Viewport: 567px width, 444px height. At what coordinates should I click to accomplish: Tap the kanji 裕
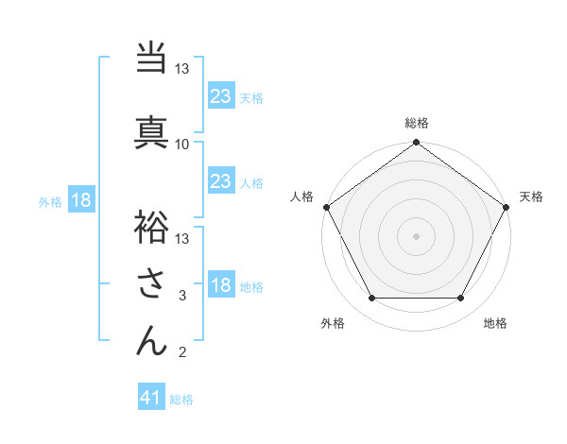pos(151,226)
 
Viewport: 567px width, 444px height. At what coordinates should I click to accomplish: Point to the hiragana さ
pos(151,283)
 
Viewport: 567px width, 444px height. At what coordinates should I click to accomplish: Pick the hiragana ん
pos(151,339)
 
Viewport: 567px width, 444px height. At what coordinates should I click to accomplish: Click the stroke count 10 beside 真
pos(182,144)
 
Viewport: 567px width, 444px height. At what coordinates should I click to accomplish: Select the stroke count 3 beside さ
pos(182,297)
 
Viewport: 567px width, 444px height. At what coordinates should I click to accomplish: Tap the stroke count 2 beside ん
pos(182,353)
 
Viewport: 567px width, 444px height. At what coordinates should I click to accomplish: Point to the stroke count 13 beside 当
pos(182,70)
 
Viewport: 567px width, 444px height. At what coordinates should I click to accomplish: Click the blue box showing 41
pos(151,398)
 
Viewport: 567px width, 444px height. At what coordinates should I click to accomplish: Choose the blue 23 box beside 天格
pos(221,96)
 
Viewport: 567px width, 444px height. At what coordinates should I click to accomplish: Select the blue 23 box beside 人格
pos(221,181)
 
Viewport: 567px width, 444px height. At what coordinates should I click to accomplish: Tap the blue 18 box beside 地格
pos(221,285)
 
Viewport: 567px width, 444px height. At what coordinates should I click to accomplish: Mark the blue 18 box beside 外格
pos(80,200)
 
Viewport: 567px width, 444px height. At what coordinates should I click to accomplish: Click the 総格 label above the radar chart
pos(417,123)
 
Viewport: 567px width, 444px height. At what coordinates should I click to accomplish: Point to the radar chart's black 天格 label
pos(532,196)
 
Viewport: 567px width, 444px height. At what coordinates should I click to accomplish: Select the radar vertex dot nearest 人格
pos(326,206)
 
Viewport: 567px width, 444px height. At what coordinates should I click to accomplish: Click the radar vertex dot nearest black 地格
pos(461,299)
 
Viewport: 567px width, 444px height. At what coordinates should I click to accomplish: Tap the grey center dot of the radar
pos(417,235)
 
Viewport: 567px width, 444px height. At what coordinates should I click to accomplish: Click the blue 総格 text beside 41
pos(181,400)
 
